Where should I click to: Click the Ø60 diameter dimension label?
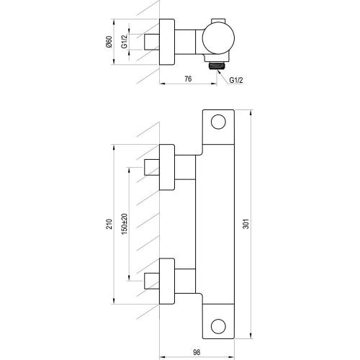[109, 42]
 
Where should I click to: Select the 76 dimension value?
[188, 78]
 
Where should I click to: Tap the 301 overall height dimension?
[246, 224]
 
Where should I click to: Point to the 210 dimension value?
[109, 224]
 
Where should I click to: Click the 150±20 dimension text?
[125, 224]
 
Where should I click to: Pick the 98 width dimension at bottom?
[197, 352]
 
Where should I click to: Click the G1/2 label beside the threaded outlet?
[236, 80]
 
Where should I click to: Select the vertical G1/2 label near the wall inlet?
[124, 42]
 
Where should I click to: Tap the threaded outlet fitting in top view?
[217, 66]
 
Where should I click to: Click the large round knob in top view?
[218, 38]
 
